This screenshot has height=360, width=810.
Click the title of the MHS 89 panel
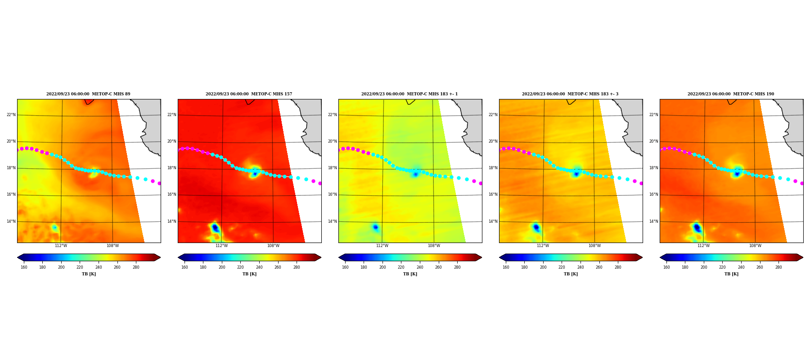tap(88, 94)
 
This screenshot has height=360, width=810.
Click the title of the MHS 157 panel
tap(249, 94)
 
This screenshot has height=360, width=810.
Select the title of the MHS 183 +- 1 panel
tap(409, 94)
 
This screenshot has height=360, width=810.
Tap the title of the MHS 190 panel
tap(731, 94)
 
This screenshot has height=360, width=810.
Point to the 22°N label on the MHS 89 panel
tap(11, 115)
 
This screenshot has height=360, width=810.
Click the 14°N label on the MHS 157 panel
tap(171, 221)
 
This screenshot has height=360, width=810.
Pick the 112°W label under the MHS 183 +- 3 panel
tap(543, 246)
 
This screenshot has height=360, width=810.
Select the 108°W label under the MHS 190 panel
tap(755, 246)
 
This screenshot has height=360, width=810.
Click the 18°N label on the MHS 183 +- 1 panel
tap(332, 168)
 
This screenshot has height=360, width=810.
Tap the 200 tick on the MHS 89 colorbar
tap(61, 267)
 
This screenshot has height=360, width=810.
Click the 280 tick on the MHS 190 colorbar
tap(778, 267)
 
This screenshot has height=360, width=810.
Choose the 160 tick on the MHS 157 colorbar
tap(184, 267)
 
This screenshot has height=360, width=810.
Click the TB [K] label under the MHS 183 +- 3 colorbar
tap(571, 274)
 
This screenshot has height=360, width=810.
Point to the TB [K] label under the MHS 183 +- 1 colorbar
tap(410, 274)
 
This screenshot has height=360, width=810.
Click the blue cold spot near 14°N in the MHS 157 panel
tap(215, 228)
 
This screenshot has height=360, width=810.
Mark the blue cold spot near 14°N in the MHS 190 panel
tap(697, 228)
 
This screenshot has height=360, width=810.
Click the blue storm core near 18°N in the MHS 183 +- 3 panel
tap(576, 174)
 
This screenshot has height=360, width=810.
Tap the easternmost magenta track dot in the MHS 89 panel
tap(159, 183)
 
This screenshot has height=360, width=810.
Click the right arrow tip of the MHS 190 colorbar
tap(803, 257)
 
